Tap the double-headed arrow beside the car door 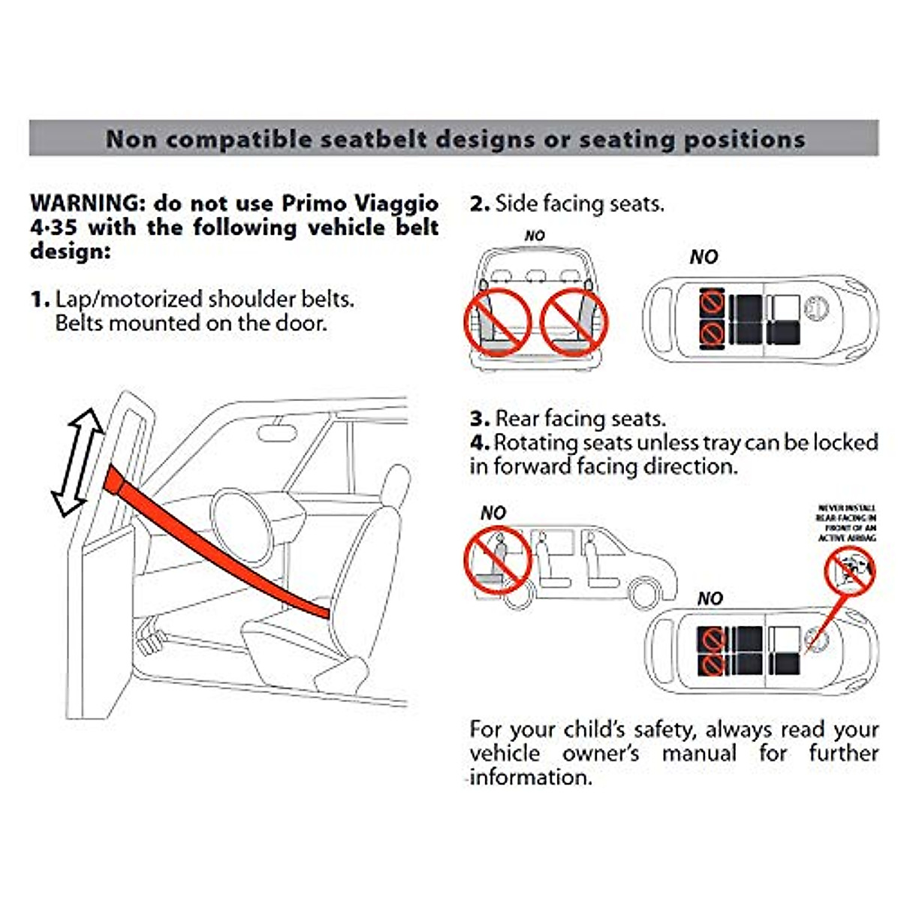[x=78, y=463]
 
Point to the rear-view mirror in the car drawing [x=279, y=433]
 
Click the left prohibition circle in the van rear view [x=498, y=323]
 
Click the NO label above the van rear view [x=535, y=236]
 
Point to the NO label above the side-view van [x=493, y=513]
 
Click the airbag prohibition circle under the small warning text [x=850, y=571]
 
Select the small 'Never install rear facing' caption [x=846, y=523]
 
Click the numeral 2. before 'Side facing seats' [x=479, y=203]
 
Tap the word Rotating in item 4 [x=535, y=442]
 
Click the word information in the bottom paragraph [x=531, y=777]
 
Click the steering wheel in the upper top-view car [x=814, y=307]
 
